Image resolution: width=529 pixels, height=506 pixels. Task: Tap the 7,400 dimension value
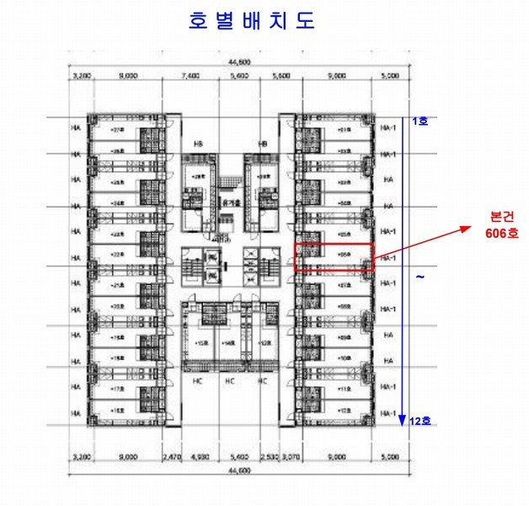click(x=190, y=75)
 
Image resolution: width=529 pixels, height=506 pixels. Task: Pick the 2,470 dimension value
click(x=172, y=458)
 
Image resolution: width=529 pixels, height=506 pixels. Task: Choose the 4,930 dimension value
click(x=200, y=458)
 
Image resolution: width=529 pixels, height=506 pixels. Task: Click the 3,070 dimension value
click(x=291, y=458)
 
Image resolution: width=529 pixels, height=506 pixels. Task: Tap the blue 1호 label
click(x=419, y=121)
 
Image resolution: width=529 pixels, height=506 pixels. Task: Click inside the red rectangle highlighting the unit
click(x=333, y=256)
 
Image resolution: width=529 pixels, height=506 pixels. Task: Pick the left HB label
click(x=200, y=143)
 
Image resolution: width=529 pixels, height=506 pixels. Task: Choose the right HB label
click(x=263, y=143)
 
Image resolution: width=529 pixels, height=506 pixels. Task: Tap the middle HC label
click(x=228, y=380)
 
